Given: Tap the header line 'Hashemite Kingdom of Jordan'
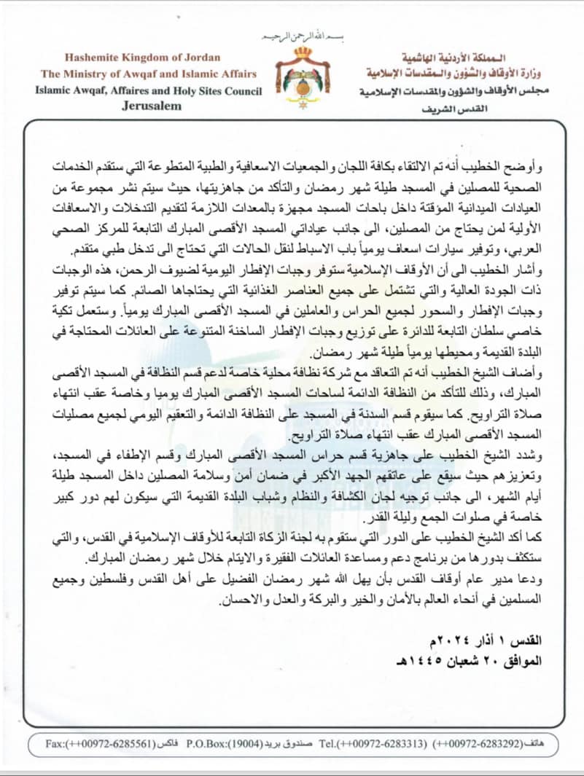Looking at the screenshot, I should (x=149, y=57).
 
